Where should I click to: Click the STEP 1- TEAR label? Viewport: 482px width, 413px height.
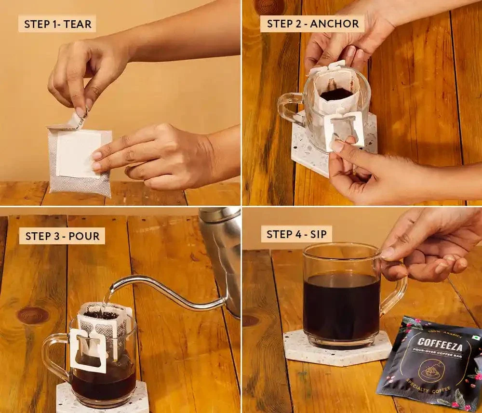57,24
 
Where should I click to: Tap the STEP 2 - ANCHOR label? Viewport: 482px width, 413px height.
312,24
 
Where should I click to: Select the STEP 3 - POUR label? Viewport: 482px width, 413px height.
62,236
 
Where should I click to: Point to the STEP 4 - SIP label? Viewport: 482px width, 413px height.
296,235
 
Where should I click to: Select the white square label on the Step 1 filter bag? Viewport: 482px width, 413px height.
78,153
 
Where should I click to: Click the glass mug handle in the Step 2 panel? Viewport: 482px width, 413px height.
289,108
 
